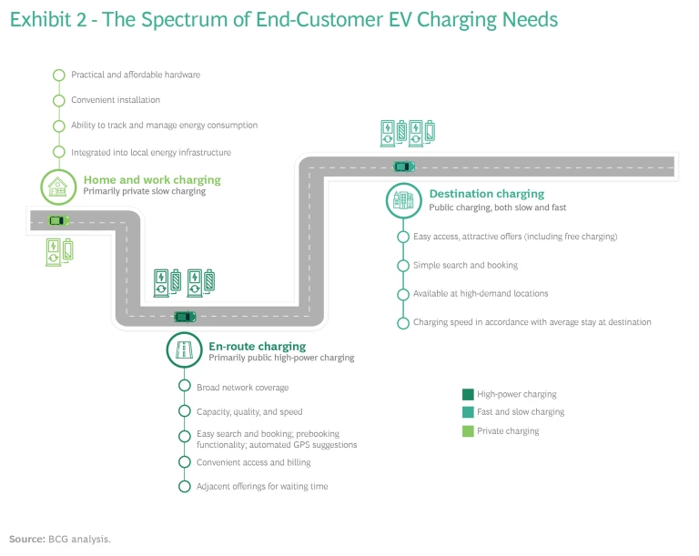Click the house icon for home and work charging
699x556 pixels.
[x=58, y=187]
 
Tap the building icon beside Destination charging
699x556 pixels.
[x=403, y=200]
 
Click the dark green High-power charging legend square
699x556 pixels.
[x=468, y=394]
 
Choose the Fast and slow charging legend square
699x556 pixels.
[x=468, y=412]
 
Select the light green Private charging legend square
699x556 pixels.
[x=468, y=430]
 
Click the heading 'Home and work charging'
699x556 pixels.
[x=152, y=180]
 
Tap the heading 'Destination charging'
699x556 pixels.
[x=486, y=194]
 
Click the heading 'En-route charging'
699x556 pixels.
[x=257, y=347]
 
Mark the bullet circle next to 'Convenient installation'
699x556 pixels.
[x=59, y=100]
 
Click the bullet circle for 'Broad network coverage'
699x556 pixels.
[x=184, y=388]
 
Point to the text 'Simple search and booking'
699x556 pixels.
[x=465, y=265]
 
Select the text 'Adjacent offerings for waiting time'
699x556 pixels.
[x=262, y=487]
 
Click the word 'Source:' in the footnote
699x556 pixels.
[x=26, y=539]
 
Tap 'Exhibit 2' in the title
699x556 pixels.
[x=45, y=19]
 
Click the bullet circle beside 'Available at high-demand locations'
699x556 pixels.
[x=403, y=294]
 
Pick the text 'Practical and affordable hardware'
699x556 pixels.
[x=136, y=75]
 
